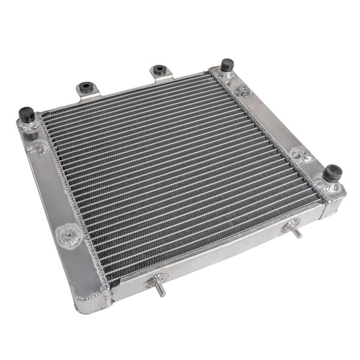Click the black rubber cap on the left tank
[26, 113]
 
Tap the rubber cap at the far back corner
[227, 64]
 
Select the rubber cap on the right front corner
[332, 173]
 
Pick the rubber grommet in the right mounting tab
[159, 71]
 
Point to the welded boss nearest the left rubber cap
[38, 148]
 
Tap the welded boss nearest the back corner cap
[241, 91]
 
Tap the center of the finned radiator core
[180, 174]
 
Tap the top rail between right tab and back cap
[191, 76]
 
